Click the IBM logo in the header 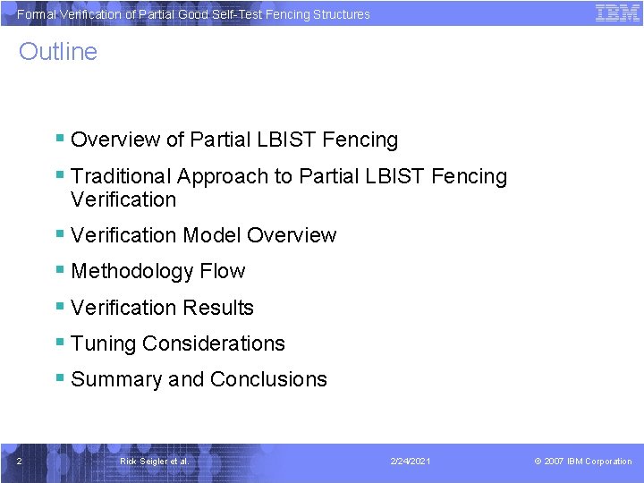pyautogui.click(x=616, y=13)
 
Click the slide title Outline pyautogui.click(x=58, y=52)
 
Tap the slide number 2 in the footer pyautogui.click(x=19, y=462)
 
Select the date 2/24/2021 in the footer pyautogui.click(x=411, y=462)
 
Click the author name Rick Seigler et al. pyautogui.click(x=154, y=462)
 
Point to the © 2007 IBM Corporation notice pyautogui.click(x=582, y=462)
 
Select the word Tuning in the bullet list pyautogui.click(x=103, y=343)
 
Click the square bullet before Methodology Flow pyautogui.click(x=59, y=270)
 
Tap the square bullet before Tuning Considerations pyautogui.click(x=59, y=343)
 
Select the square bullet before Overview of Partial pyautogui.click(x=59, y=139)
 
